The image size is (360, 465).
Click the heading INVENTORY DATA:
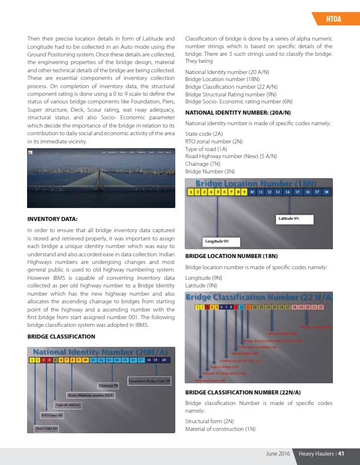click(53, 219)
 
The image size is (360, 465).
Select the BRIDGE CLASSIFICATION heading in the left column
click(61, 336)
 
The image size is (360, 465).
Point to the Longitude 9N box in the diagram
click(217, 241)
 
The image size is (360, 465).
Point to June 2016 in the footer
click(277, 453)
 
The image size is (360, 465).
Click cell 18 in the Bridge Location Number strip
click(326, 192)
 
